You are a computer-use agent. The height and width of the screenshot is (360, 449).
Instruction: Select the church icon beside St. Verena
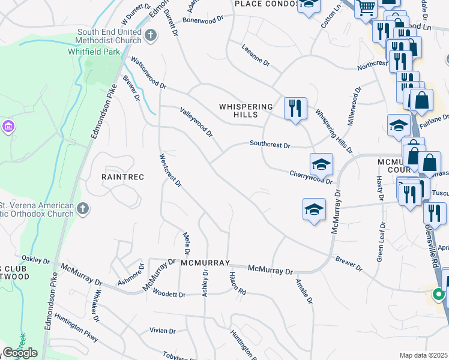click(83, 209)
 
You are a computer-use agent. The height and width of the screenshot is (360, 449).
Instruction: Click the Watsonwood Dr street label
click(148, 73)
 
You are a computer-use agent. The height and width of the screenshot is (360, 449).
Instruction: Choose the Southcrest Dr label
click(270, 145)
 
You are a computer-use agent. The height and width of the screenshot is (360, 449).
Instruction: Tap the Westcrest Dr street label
click(170, 170)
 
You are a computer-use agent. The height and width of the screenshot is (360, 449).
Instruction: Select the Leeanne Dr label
click(256, 54)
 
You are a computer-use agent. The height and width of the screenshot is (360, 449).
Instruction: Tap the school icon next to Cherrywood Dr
click(321, 164)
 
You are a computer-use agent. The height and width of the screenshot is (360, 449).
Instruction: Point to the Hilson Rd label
click(238, 282)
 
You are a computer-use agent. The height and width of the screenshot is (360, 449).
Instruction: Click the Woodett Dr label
click(168, 294)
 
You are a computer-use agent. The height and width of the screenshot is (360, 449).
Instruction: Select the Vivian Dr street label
click(163, 331)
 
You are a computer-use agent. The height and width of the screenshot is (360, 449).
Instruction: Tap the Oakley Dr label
click(36, 260)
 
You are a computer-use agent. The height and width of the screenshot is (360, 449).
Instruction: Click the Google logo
click(20, 353)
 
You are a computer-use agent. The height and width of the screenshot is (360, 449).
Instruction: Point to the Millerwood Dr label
click(351, 112)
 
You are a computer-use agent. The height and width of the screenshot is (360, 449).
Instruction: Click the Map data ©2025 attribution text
click(423, 355)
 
